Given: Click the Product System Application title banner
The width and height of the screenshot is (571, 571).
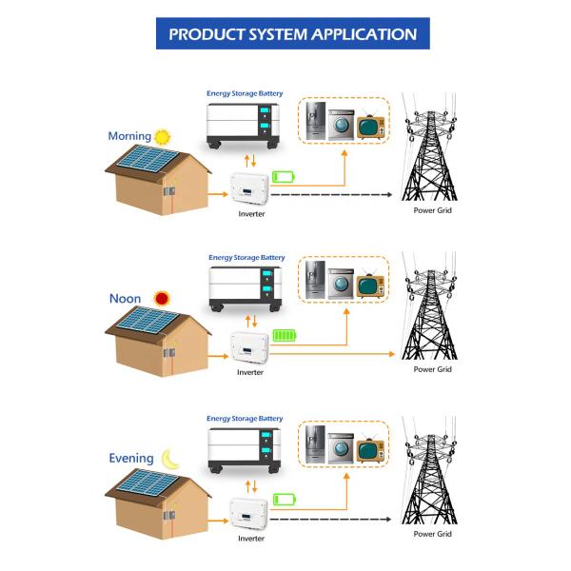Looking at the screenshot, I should (292, 34).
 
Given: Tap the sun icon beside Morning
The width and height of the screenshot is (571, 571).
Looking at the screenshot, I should (163, 136).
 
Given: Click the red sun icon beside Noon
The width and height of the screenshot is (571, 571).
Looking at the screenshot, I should (162, 298).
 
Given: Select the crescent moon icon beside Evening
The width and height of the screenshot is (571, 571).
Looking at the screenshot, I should (169, 458).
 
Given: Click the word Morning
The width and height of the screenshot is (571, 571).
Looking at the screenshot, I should (129, 136).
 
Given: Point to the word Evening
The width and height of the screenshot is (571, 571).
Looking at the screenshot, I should (131, 458).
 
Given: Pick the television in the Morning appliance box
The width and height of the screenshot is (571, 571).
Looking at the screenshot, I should (369, 125).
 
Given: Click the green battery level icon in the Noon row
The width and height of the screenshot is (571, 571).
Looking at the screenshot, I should (285, 335).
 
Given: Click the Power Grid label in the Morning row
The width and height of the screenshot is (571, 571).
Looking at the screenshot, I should (432, 209).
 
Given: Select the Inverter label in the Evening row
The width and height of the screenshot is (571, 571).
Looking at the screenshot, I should (251, 538).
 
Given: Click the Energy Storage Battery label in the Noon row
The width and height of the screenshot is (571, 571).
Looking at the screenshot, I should (246, 257).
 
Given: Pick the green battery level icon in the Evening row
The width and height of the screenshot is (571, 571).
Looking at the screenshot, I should (284, 499).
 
